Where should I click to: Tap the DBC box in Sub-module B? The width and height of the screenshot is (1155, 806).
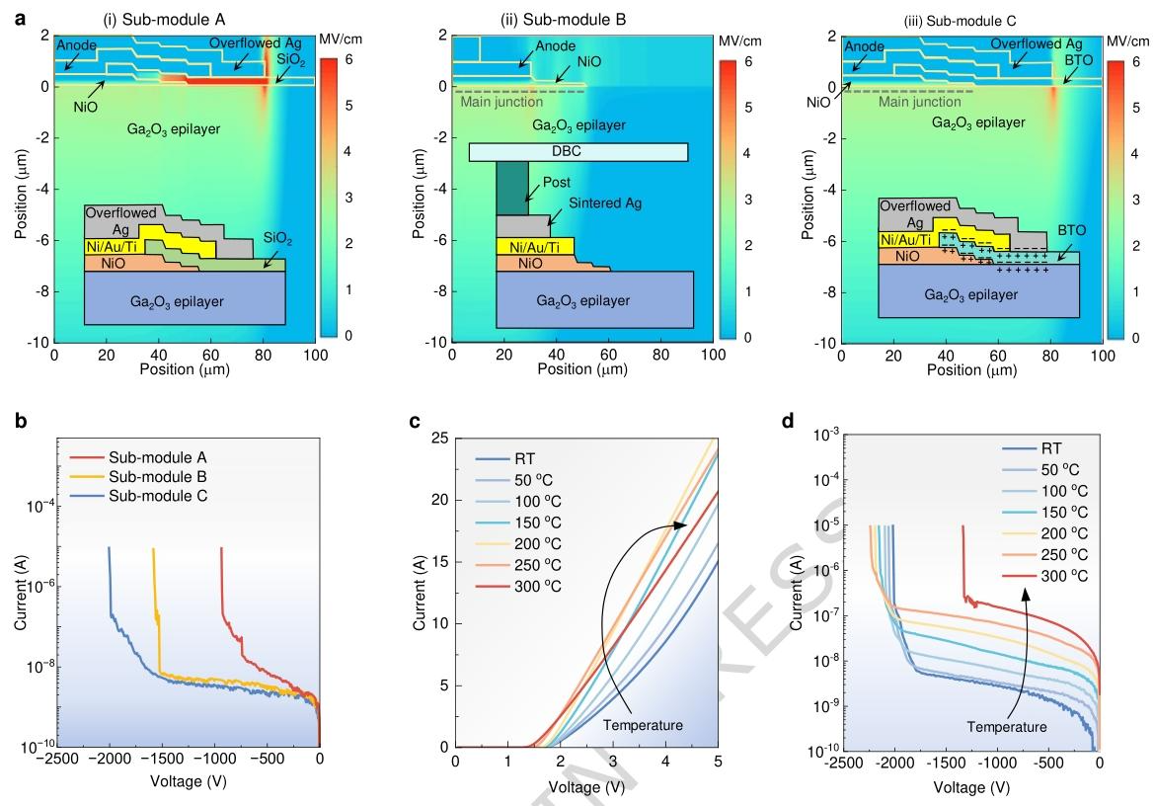coord(577,152)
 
